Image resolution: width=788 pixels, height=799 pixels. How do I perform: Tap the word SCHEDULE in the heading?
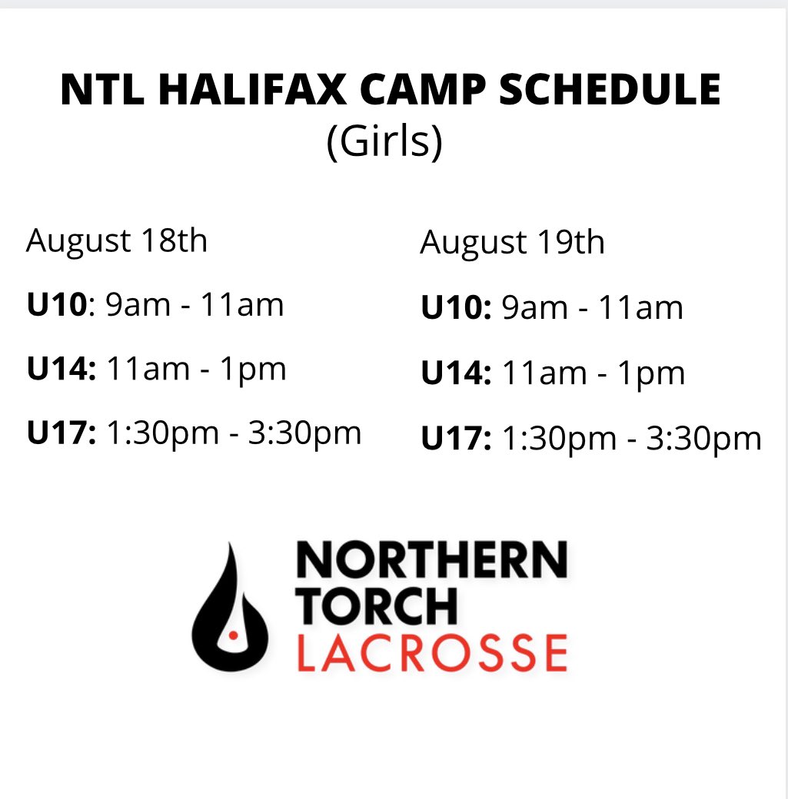tap(611, 91)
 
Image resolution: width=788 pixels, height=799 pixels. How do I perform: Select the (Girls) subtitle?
tap(384, 144)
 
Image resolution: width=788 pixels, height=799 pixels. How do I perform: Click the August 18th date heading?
tap(117, 241)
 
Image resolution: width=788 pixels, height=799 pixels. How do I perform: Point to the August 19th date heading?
tap(512, 244)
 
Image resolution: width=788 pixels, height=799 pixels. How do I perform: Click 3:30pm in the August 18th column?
tap(304, 435)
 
